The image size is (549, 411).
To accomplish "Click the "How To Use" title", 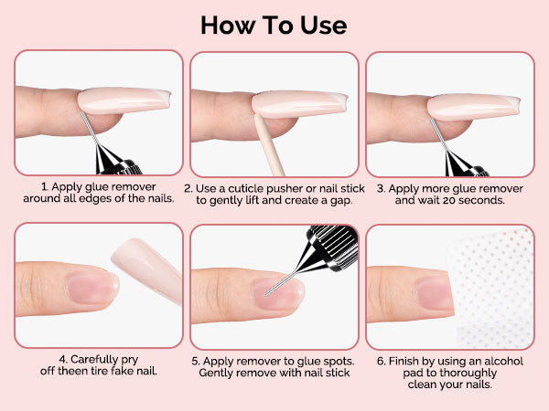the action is tap(274, 26).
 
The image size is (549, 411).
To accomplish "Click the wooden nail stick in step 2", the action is tap(269, 145).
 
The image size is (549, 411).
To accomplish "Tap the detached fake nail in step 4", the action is tap(147, 269).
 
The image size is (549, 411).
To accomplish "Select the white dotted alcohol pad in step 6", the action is tap(491, 288).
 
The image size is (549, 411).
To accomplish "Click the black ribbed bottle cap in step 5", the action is tap(333, 247).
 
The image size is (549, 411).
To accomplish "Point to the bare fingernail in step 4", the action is tap(93, 288).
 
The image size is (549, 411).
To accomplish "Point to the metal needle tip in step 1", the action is tap(82, 113).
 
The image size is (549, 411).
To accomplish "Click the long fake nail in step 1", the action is tap(124, 100).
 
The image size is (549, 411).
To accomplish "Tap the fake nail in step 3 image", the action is tap(473, 107).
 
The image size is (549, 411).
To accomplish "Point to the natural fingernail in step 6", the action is tap(434, 293).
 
